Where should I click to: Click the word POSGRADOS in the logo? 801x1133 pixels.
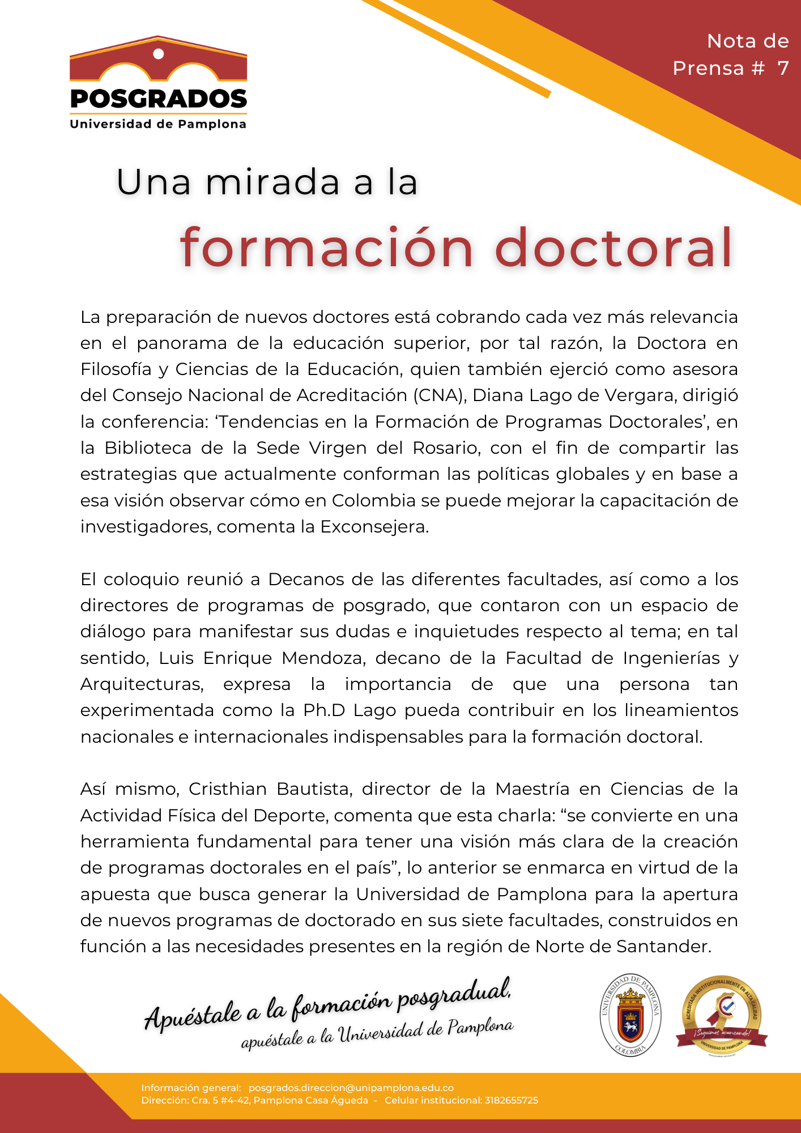click(x=159, y=99)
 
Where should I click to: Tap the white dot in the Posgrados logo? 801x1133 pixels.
click(x=159, y=54)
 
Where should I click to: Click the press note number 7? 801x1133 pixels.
click(x=783, y=69)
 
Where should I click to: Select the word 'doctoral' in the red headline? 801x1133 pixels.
click(x=615, y=248)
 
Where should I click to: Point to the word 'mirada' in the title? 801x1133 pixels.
click(x=272, y=182)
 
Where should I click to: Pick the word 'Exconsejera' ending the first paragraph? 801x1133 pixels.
click(x=374, y=527)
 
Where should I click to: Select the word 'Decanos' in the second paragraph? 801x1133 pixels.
click(x=305, y=580)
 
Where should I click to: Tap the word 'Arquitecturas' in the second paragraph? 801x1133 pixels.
click(x=142, y=684)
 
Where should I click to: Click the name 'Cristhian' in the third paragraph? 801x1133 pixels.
click(x=228, y=789)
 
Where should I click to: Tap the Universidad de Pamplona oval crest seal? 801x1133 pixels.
click(x=630, y=1015)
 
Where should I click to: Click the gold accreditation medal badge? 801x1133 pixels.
click(x=721, y=1015)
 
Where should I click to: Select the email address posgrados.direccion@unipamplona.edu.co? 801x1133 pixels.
click(x=351, y=1088)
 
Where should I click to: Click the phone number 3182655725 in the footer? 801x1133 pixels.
click(x=511, y=1101)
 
